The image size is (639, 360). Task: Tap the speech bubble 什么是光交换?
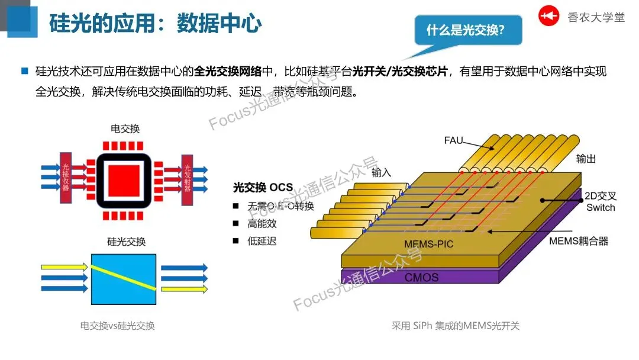click(x=465, y=30)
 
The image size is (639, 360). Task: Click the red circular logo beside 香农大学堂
click(x=548, y=17)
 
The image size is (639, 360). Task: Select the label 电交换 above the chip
click(x=125, y=128)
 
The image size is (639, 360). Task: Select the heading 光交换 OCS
click(x=263, y=188)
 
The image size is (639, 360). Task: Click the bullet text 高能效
click(x=262, y=224)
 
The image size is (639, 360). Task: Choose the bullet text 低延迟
click(x=262, y=241)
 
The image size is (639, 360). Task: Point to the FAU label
click(x=453, y=140)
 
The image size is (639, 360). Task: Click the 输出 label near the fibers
click(x=586, y=159)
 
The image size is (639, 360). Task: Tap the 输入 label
click(x=382, y=173)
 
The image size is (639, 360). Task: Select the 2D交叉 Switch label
click(x=601, y=202)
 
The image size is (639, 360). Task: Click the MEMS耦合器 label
click(x=578, y=241)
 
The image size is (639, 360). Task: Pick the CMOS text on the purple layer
click(x=421, y=277)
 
